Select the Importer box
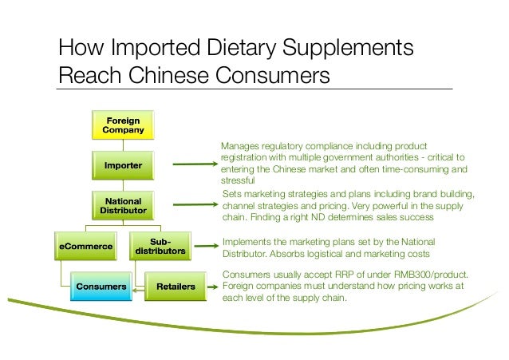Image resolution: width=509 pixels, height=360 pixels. (x=124, y=166)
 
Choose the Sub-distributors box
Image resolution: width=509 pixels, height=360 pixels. (x=160, y=246)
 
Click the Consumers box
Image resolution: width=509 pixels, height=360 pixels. (x=101, y=285)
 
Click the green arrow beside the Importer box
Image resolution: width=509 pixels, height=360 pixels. (x=191, y=166)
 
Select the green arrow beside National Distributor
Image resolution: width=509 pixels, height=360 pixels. (x=191, y=205)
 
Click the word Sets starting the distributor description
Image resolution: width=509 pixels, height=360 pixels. (x=230, y=194)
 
